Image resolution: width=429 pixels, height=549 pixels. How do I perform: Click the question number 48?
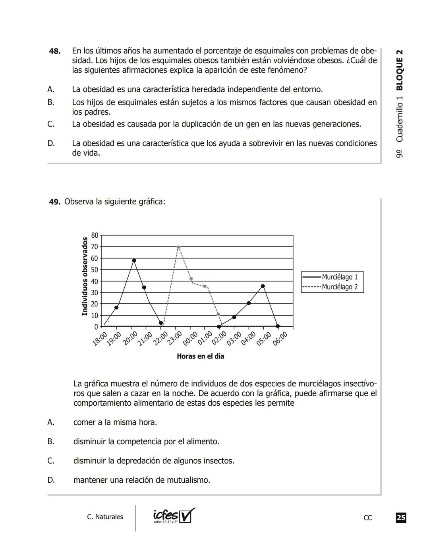pyautogui.click(x=55, y=51)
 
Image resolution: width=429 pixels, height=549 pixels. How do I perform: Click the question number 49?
pyautogui.click(x=54, y=202)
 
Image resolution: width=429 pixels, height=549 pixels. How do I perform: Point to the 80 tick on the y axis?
pyautogui.click(x=95, y=235)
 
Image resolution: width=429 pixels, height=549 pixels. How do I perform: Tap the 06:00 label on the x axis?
pyautogui.click(x=280, y=339)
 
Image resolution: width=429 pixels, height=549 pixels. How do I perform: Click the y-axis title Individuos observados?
pyautogui.click(x=85, y=276)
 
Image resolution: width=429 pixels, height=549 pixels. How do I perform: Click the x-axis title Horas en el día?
pyautogui.click(x=200, y=356)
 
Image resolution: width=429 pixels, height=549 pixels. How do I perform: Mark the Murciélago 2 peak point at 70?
pyautogui.click(x=178, y=247)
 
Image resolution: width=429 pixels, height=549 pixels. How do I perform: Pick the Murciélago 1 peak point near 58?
pyautogui.click(x=134, y=261)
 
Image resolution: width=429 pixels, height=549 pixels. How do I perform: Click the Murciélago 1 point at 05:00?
pyautogui.click(x=263, y=286)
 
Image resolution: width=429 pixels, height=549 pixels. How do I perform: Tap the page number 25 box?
pyautogui.click(x=401, y=517)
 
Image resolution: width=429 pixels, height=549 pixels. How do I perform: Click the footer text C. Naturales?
pyautogui.click(x=105, y=517)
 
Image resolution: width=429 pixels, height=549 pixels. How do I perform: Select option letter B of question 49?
pyautogui.click(x=51, y=441)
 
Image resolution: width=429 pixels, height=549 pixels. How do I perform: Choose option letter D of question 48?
pyautogui.click(x=51, y=143)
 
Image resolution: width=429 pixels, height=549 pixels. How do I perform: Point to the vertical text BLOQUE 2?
pyautogui.click(x=400, y=70)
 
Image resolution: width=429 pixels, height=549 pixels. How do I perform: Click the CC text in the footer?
pyautogui.click(x=367, y=518)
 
